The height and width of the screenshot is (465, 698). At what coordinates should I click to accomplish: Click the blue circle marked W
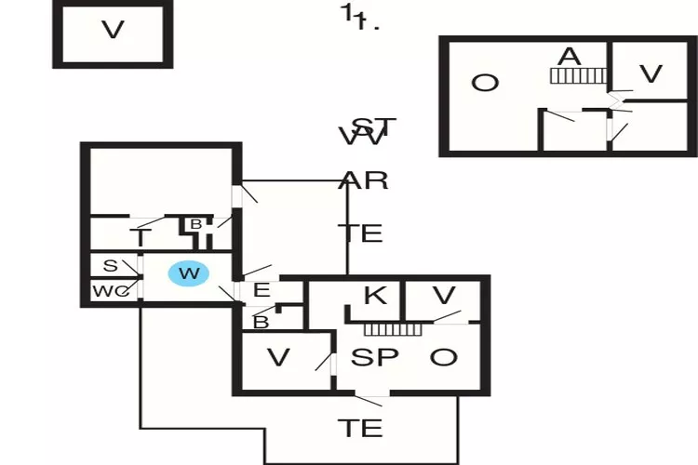click(189, 273)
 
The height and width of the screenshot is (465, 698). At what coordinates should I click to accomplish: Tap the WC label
click(109, 292)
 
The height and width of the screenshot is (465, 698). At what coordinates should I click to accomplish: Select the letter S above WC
click(110, 266)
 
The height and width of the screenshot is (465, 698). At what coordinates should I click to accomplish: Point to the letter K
click(374, 297)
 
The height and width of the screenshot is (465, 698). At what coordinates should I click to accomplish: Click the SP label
click(375, 357)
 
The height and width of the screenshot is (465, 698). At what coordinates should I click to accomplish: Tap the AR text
click(364, 180)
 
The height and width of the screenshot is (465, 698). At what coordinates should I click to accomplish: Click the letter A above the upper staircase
click(569, 57)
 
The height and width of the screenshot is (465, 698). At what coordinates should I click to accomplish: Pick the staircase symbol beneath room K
click(393, 329)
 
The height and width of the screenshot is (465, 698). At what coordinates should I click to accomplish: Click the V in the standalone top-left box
click(113, 30)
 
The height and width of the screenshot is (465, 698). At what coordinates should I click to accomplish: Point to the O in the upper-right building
click(484, 84)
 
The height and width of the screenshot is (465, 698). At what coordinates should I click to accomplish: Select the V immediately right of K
click(445, 297)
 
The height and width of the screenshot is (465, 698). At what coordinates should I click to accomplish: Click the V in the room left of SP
click(277, 357)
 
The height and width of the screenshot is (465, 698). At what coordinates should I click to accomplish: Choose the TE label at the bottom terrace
click(359, 428)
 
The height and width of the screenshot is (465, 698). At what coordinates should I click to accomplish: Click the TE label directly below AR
click(360, 232)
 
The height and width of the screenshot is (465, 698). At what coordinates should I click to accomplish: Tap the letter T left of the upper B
click(141, 239)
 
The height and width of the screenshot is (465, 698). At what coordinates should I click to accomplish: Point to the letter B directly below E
click(262, 323)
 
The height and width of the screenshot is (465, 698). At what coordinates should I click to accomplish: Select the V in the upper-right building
click(651, 74)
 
